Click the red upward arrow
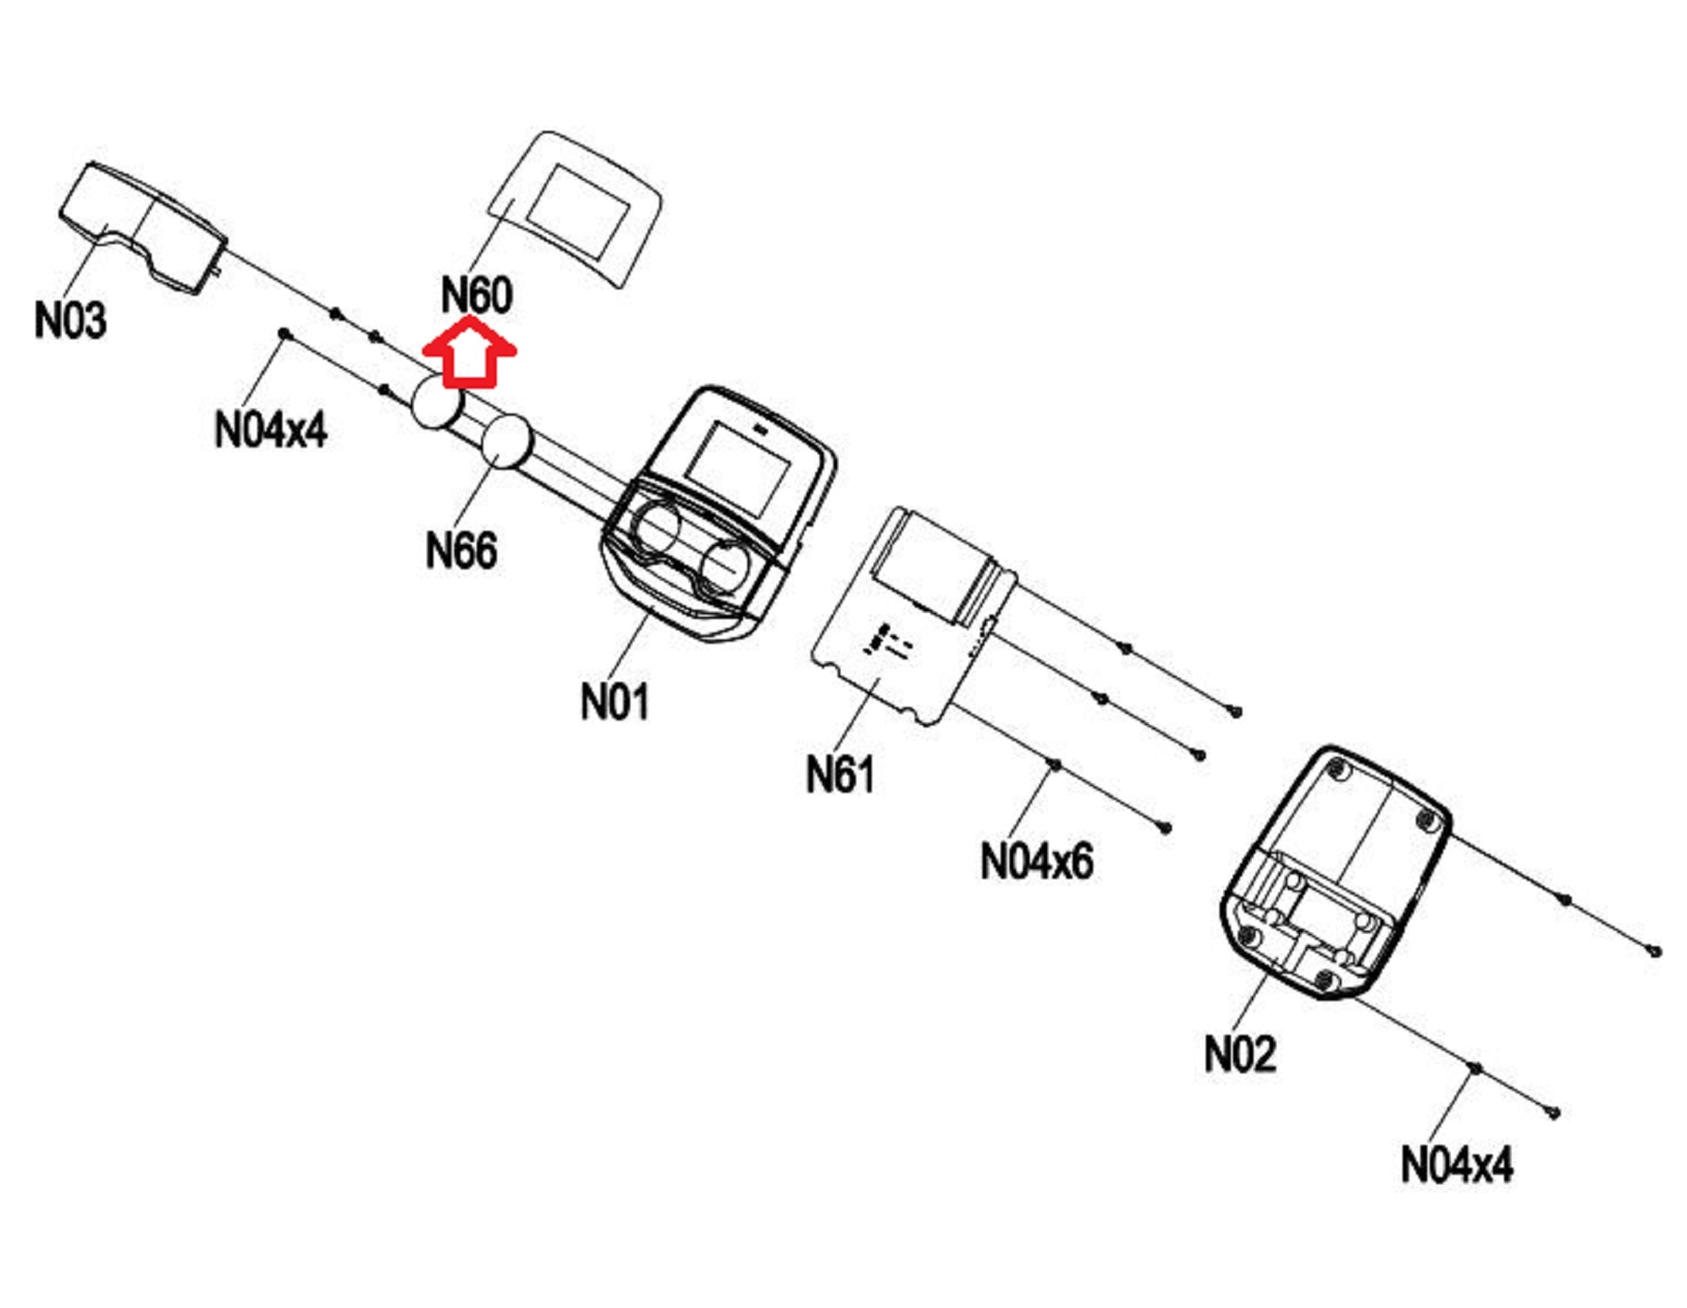click(469, 353)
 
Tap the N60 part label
click(476, 295)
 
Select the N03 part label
click(71, 320)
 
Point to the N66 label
click(461, 550)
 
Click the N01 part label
click(615, 701)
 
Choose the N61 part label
click(840, 774)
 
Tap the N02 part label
click(1240, 1054)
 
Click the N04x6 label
click(1037, 862)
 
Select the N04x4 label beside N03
click(270, 429)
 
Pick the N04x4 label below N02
click(1456, 1164)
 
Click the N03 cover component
click(144, 228)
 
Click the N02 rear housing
click(1334, 872)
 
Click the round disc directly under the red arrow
click(436, 403)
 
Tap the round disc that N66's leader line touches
click(507, 440)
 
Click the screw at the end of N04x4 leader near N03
click(283, 334)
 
